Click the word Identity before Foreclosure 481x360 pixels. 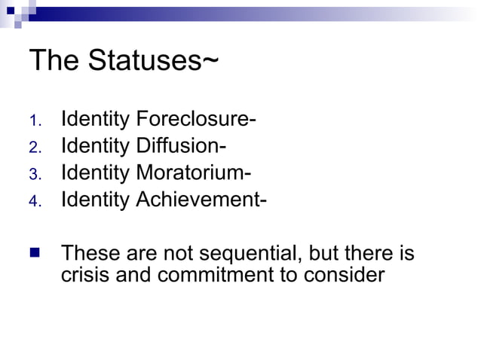click(x=95, y=119)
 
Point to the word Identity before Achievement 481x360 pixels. click(x=95, y=200)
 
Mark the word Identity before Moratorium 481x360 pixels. click(x=95, y=173)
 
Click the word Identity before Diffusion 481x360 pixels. click(x=95, y=146)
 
